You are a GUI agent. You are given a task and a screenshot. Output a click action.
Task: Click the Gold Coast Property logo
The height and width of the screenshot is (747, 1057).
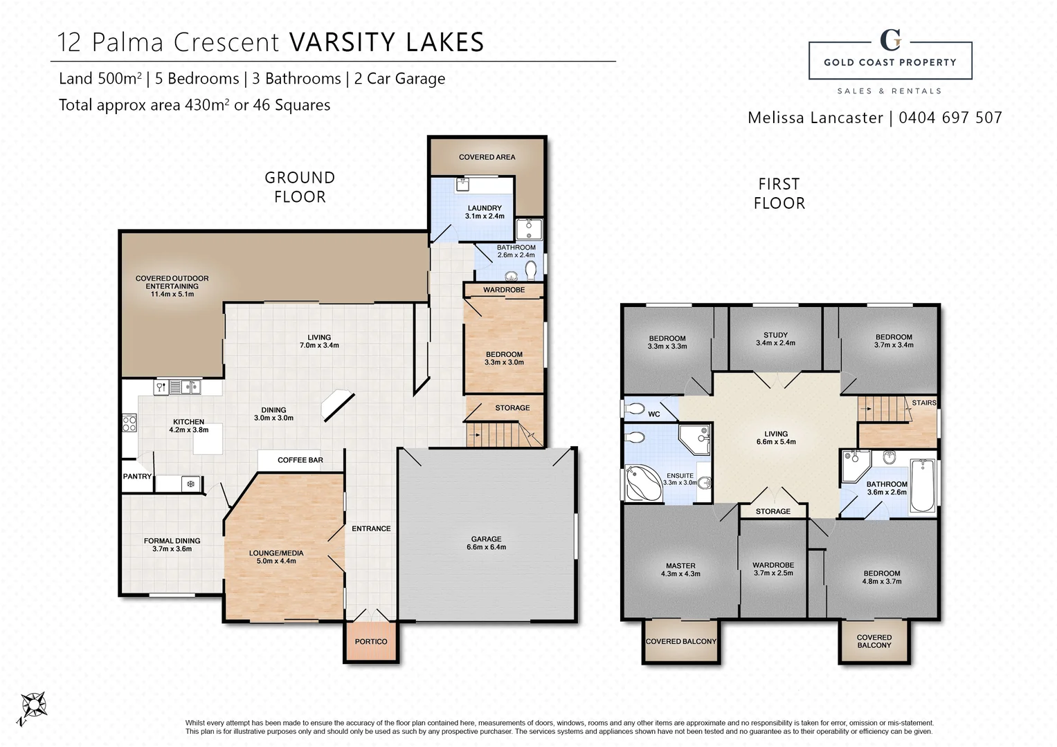tap(890, 60)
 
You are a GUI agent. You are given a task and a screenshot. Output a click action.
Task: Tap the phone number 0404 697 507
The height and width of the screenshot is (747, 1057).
tap(950, 118)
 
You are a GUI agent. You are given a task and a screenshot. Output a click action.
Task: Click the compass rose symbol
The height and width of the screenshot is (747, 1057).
tap(32, 707)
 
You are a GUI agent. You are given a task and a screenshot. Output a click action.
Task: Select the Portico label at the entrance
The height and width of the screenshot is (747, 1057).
tap(371, 642)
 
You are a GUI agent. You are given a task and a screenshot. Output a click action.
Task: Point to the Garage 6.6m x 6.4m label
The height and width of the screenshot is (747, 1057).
tap(486, 543)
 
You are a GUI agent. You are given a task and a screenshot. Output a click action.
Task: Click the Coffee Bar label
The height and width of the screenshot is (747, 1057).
tap(300, 460)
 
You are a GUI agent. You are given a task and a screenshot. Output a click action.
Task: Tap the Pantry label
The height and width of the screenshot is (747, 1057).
tap(137, 477)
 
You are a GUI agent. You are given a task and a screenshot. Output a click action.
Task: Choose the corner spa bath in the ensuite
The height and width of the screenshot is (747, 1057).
tap(644, 483)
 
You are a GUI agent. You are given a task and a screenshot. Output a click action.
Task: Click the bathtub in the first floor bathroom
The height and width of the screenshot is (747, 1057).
tap(922, 485)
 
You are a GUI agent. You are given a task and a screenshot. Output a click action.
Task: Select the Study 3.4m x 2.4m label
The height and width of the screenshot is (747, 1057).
tap(775, 339)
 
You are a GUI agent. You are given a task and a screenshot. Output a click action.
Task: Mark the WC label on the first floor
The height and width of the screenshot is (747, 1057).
tap(654, 414)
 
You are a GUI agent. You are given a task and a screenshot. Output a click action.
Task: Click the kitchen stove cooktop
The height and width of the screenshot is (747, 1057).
tap(129, 423)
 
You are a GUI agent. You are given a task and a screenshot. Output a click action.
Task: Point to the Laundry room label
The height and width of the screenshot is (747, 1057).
tap(485, 212)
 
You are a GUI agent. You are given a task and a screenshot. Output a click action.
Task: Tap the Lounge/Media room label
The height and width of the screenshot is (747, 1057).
tap(276, 557)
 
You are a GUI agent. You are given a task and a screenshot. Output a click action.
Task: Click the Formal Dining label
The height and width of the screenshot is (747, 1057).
tap(172, 545)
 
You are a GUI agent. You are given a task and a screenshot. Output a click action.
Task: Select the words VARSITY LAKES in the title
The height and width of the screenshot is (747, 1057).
tap(387, 42)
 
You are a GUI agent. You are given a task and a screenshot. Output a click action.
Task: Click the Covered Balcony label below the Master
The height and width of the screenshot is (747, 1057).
tap(680, 642)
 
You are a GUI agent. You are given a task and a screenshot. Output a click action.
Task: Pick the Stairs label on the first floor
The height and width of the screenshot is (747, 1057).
tap(923, 403)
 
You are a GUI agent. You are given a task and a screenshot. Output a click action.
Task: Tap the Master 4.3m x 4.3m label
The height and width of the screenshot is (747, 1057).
tap(680, 569)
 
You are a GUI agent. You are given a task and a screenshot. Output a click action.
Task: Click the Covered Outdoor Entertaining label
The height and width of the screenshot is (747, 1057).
tap(172, 286)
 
